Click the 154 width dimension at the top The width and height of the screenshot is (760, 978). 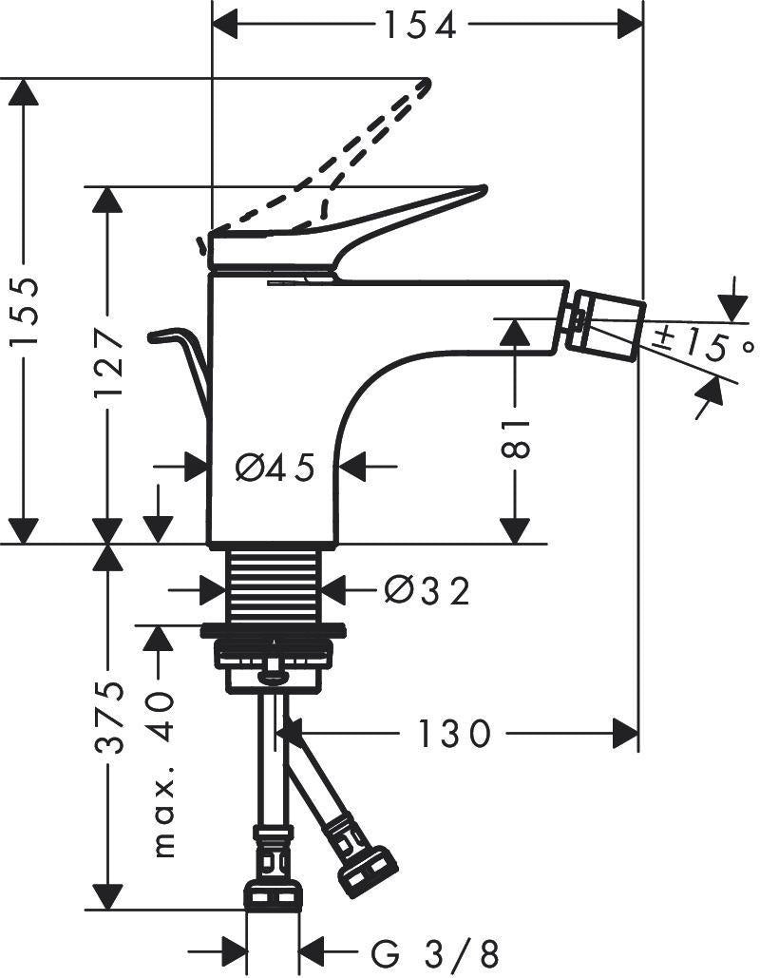420,27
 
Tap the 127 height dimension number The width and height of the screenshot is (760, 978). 109,365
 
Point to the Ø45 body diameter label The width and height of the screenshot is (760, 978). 275,468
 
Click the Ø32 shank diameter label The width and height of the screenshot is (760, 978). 426,590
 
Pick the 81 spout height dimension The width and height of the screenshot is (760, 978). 516,438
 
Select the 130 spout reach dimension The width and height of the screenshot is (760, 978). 453,733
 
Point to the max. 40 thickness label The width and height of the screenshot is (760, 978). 163,773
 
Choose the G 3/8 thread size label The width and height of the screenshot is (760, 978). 435,953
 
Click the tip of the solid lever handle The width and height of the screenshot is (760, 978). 484,188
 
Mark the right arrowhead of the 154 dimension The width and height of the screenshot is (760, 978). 630,26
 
